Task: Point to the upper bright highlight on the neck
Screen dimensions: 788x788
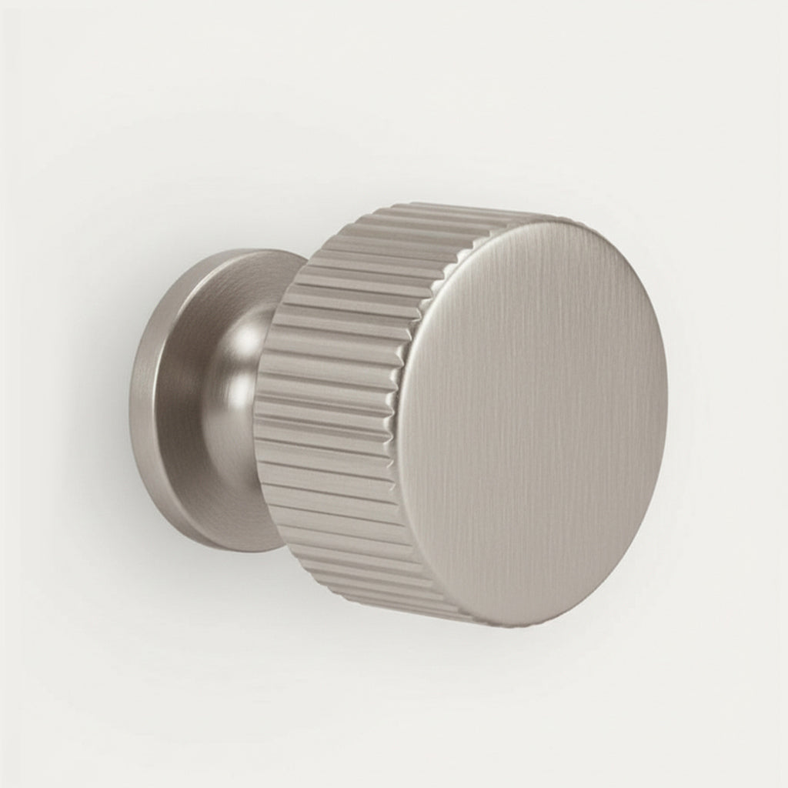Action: click(248, 339)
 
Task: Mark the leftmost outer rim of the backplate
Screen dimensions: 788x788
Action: click(132, 400)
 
